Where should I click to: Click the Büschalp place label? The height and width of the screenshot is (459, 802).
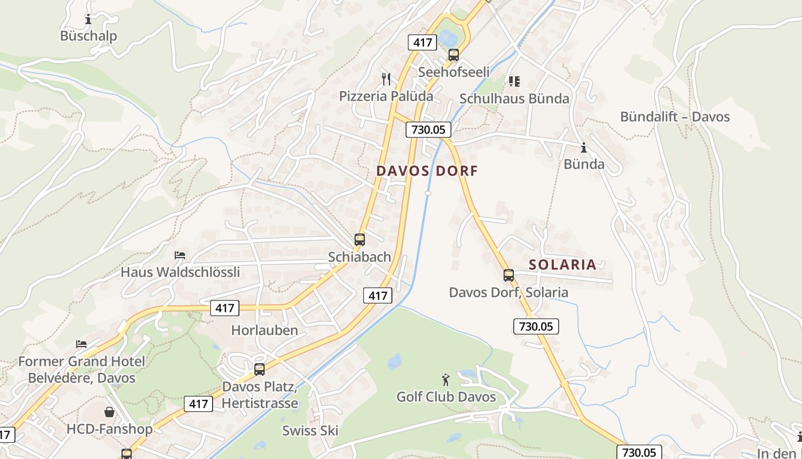pos(88,36)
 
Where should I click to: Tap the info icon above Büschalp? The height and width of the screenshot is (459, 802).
pos(88,20)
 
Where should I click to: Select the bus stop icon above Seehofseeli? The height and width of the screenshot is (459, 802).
pos(454,55)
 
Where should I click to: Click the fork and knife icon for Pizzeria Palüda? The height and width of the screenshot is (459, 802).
pos(386,79)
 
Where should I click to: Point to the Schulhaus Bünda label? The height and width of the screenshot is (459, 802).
pos(514,99)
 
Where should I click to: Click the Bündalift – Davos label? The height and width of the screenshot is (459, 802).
pos(675,117)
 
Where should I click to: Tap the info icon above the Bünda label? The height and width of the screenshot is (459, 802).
pos(584,148)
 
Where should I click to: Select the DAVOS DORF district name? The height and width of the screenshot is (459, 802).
pos(427,170)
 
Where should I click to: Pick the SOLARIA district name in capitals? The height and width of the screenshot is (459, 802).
pos(563,264)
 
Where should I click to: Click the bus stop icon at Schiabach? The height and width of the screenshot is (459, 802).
pos(360,240)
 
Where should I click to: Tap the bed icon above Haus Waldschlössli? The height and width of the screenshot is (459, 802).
pos(180,255)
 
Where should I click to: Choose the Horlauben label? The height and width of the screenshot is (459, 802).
pos(265,330)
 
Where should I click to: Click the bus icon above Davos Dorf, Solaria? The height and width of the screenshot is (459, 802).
pos(509,275)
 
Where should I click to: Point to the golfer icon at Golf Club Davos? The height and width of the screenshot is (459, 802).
pos(446,379)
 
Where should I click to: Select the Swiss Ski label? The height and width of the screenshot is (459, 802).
pos(310,431)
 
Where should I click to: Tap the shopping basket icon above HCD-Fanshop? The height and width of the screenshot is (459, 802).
pos(109,412)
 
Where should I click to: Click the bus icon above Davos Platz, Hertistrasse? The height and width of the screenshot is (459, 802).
pos(260,369)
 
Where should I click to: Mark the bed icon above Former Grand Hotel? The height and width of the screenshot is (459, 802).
pos(81,344)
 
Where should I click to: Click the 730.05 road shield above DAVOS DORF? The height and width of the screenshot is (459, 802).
pos(428,130)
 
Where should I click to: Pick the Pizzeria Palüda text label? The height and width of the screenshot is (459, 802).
pos(386,96)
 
